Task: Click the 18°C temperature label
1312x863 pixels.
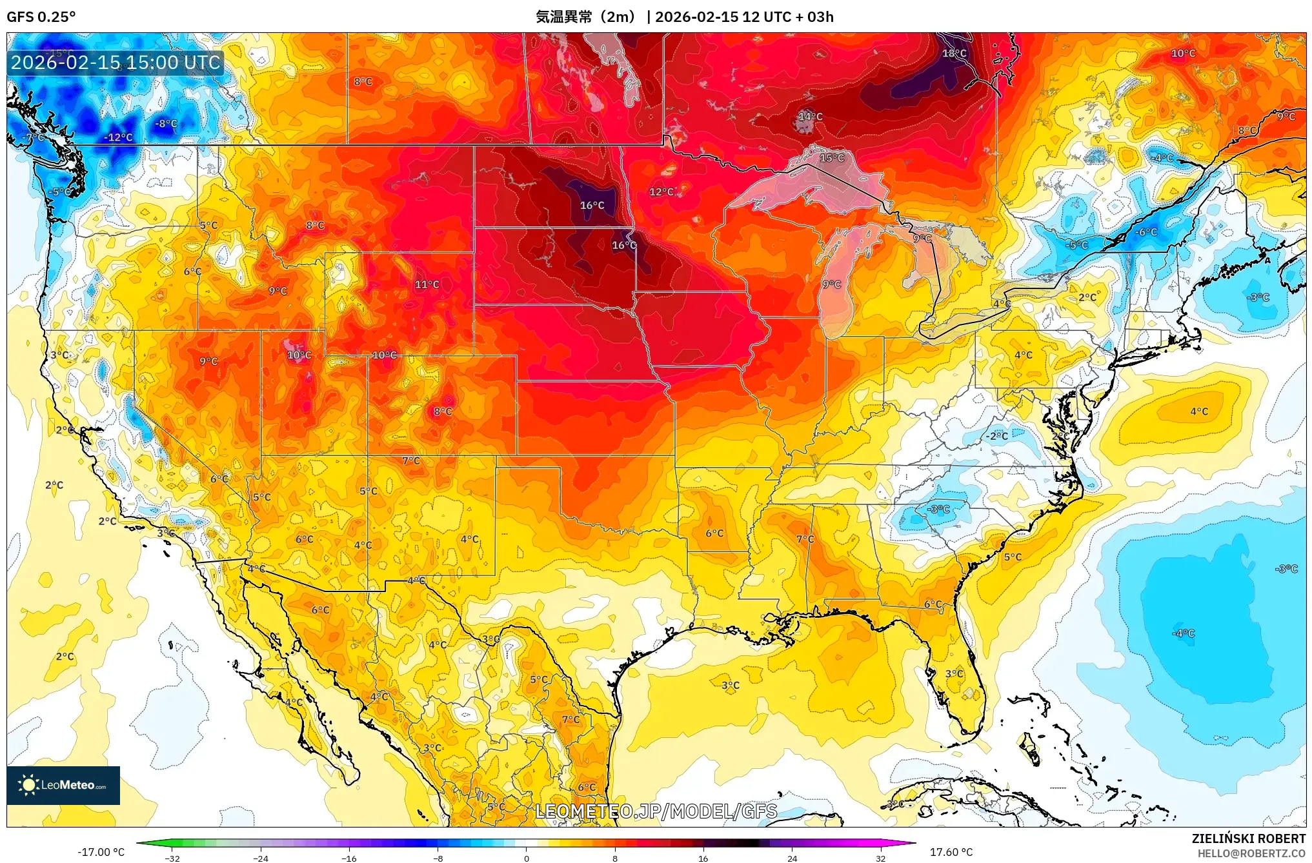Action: click(954, 54)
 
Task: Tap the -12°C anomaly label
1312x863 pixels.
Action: click(119, 137)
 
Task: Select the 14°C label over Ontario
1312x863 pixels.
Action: click(811, 117)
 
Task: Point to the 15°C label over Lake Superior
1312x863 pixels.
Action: click(832, 158)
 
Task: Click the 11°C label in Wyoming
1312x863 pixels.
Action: click(427, 284)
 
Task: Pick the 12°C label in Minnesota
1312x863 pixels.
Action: click(661, 192)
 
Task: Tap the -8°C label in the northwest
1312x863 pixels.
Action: click(167, 124)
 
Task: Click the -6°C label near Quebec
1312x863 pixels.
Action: click(1147, 232)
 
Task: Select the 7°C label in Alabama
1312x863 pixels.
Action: click(805, 539)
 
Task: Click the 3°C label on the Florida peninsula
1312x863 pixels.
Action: click(954, 674)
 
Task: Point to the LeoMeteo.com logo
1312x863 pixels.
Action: click(63, 785)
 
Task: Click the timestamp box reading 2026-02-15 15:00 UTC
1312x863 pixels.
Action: click(116, 63)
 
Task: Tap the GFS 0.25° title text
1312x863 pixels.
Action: click(41, 17)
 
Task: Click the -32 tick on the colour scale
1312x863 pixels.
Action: click(172, 858)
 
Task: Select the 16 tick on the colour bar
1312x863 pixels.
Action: click(703, 858)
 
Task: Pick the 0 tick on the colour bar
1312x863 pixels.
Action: click(527, 858)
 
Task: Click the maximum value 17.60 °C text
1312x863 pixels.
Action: click(951, 852)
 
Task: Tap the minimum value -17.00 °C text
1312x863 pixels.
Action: click(101, 852)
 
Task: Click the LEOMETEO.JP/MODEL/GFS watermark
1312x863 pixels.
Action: click(656, 811)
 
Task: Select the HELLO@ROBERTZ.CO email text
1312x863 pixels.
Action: click(1251, 853)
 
